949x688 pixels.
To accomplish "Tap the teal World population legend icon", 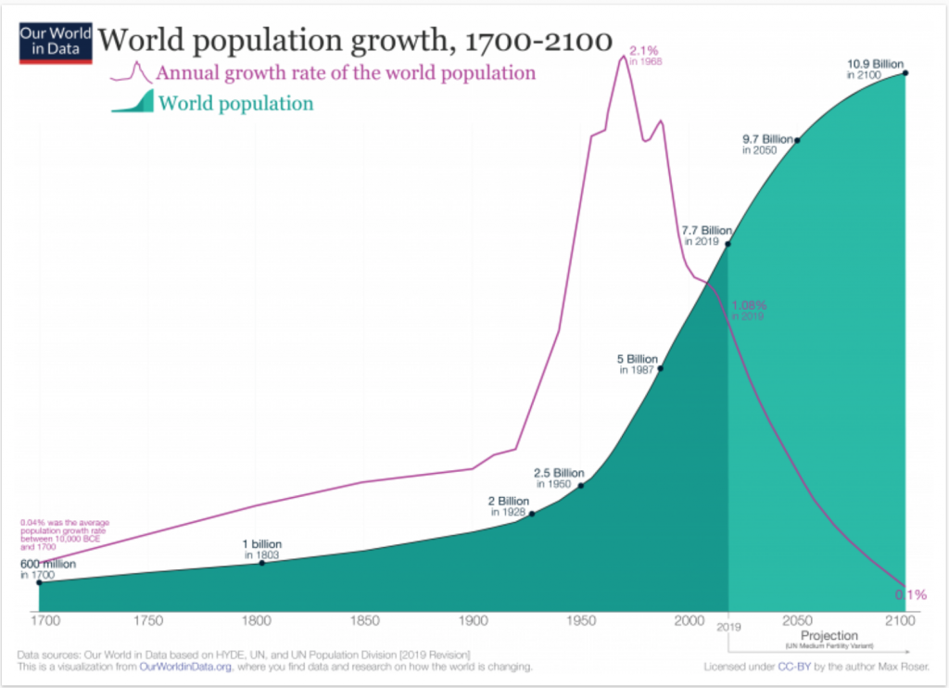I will (133, 103).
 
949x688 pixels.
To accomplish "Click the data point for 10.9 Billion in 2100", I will (905, 72).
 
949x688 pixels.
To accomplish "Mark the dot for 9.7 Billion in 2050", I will (797, 140).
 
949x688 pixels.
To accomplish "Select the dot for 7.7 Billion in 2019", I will (728, 244).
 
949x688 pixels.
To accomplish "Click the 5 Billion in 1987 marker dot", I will (660, 368).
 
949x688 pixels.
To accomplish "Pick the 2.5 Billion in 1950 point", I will (581, 485).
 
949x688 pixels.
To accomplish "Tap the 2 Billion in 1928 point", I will (532, 513).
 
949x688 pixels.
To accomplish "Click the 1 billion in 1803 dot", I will (261, 563).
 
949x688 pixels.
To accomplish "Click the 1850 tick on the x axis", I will (364, 620).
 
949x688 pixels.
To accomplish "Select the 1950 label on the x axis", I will (581, 620).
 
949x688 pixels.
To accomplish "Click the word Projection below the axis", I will (829, 636).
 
